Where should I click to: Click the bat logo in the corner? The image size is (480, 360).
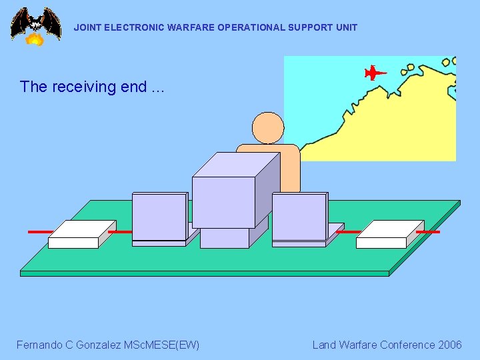(35, 23)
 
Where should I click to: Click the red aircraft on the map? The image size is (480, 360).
(375, 72)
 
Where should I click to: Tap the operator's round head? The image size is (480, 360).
(268, 128)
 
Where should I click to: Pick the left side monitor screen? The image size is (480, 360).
(159, 217)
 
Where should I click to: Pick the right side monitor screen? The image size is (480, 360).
(299, 217)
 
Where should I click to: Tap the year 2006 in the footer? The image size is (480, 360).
(449, 345)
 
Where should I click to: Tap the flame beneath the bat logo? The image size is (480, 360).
(35, 39)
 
